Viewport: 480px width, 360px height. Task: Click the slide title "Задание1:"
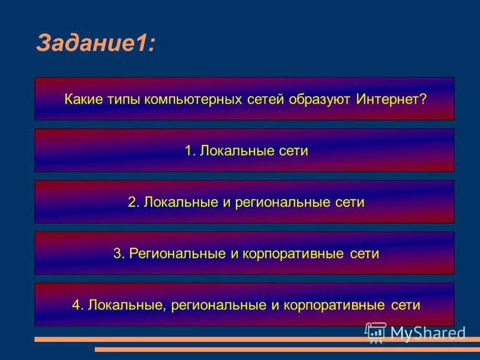95,43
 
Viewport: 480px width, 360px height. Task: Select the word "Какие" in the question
82,98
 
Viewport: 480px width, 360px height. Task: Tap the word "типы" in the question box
122,98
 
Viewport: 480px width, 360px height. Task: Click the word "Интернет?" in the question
391,98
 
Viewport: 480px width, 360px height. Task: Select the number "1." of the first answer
191,151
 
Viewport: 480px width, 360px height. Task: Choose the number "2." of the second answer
134,202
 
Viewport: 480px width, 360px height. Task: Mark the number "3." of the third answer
119,254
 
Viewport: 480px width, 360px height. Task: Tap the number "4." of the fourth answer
77,305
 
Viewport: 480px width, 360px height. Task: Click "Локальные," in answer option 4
127,305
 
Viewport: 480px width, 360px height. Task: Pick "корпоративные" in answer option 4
335,305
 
